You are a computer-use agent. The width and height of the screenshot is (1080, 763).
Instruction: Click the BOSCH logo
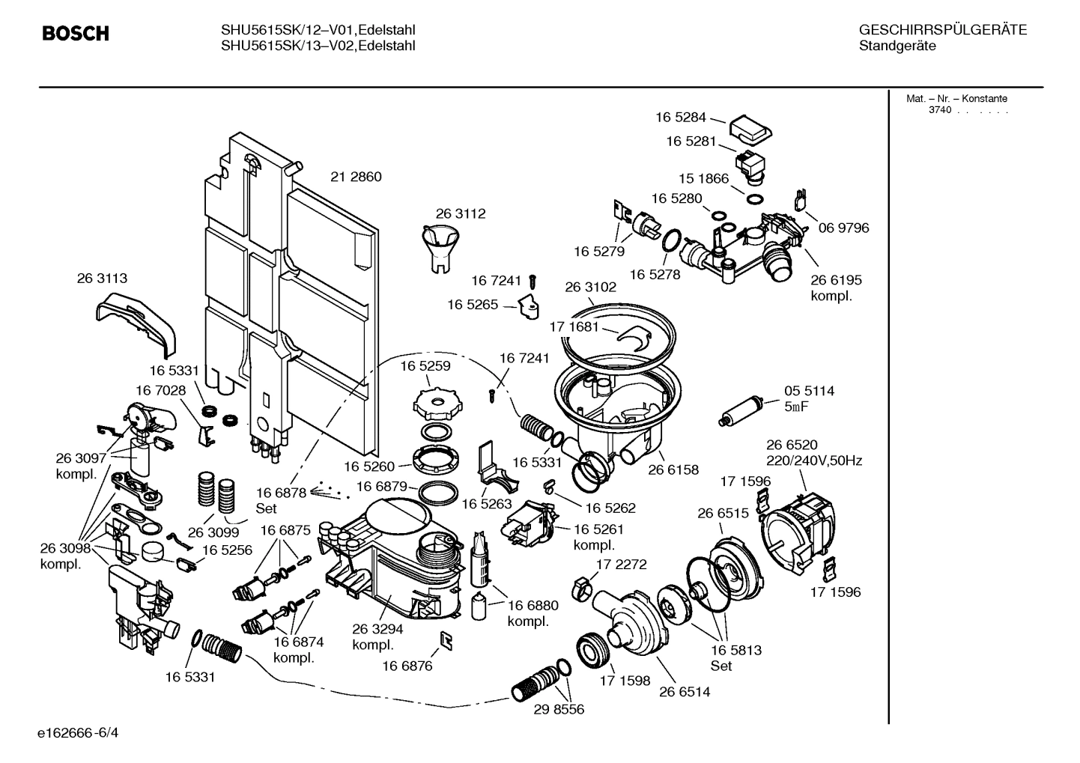click(x=76, y=34)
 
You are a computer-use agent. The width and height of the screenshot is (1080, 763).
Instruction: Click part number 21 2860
click(x=356, y=177)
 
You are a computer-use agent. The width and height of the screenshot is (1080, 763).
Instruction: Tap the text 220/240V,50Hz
click(x=813, y=460)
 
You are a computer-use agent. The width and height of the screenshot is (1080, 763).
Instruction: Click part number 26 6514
click(x=685, y=692)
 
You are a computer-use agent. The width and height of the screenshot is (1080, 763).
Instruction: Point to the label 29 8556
click(x=559, y=709)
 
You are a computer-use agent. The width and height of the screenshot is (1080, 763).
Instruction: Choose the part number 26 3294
click(x=377, y=629)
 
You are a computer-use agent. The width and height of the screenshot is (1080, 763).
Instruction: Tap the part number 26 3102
click(x=590, y=287)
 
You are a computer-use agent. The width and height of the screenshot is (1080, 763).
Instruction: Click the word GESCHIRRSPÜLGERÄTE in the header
click(x=942, y=30)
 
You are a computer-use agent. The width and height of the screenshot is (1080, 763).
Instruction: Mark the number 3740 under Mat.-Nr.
click(x=939, y=110)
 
